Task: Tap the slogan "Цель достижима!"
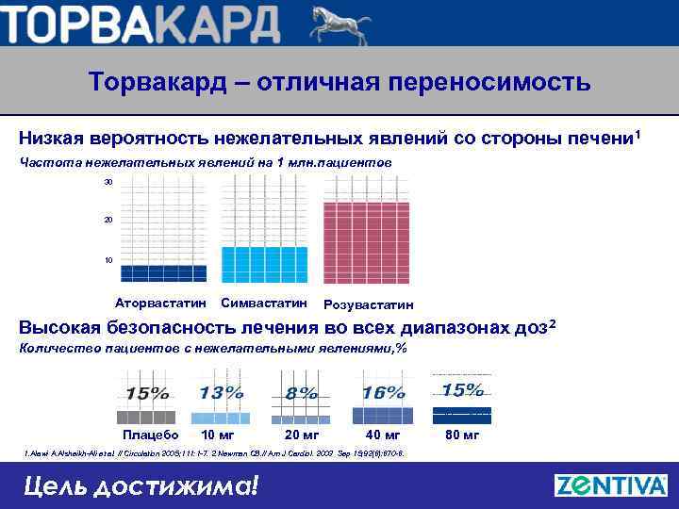(x=140, y=486)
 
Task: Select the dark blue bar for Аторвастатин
(x=163, y=273)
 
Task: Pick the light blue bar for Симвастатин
(x=263, y=264)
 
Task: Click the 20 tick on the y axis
(x=108, y=221)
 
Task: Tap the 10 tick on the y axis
(x=108, y=260)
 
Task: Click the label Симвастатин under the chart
(x=263, y=304)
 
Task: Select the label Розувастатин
(x=368, y=305)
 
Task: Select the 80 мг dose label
(x=462, y=435)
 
